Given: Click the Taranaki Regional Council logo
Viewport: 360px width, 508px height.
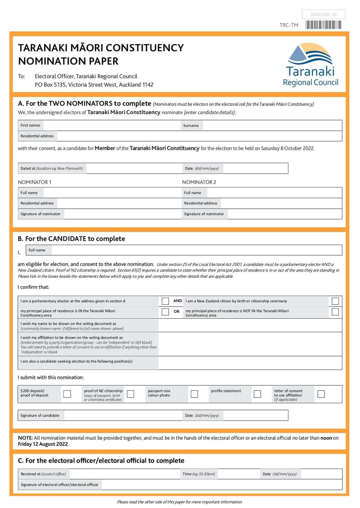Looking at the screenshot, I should click(x=310, y=65).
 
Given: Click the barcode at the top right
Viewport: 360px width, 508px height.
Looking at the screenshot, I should click(x=324, y=25).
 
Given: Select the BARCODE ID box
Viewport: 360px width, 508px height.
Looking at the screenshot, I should click(x=324, y=15).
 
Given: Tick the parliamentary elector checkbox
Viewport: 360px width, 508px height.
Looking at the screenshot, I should click(x=165, y=301).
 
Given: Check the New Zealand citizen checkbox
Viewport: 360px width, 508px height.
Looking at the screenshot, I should click(x=335, y=301).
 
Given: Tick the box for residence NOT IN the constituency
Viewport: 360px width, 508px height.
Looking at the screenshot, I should click(x=335, y=312).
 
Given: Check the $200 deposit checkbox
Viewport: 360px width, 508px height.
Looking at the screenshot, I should click(x=67, y=394).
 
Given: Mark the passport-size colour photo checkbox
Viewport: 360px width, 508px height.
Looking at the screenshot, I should click(x=194, y=394).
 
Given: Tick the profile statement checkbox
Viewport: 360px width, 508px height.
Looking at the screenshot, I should click(x=257, y=394).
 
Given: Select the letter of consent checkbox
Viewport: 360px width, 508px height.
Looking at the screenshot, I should click(x=321, y=394).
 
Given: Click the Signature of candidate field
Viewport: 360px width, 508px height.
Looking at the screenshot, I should click(x=121, y=415).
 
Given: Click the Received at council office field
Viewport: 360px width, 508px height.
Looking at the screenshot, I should click(x=124, y=474).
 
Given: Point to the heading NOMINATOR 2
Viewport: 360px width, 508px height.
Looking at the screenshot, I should click(x=199, y=182).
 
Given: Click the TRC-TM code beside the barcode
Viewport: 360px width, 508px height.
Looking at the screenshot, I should click(x=288, y=25).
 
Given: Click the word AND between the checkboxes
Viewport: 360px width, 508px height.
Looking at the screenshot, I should click(x=178, y=301).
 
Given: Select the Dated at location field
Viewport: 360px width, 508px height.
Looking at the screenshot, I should click(x=133, y=169).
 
